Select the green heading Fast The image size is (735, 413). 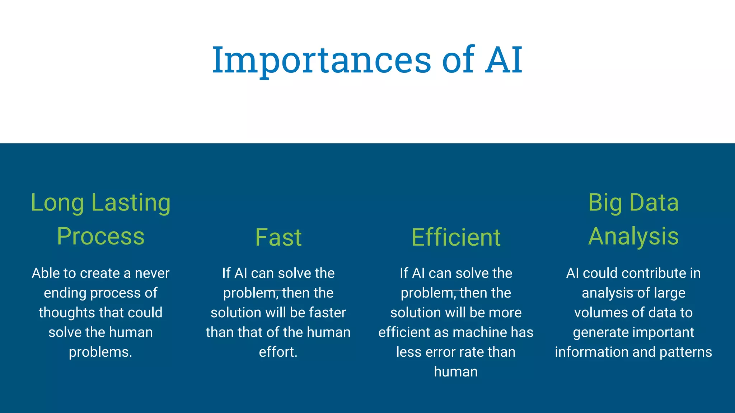278,237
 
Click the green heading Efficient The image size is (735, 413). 456,237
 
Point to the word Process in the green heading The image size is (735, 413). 100,237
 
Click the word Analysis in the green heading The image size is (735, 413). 633,237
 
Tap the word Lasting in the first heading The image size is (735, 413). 131,203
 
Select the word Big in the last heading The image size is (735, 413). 605,203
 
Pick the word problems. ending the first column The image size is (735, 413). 100,352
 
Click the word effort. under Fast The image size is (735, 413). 278,352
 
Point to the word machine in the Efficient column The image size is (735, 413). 480,332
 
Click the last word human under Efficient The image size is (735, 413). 456,372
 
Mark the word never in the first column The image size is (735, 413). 152,273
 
